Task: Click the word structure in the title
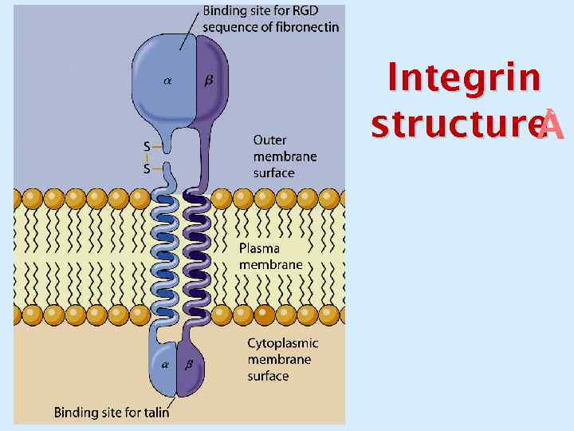[455, 125]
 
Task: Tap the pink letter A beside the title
[552, 127]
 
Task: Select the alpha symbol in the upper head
[167, 80]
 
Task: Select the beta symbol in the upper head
[209, 80]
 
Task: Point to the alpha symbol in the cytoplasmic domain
[166, 365]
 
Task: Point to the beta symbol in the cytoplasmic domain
[189, 365]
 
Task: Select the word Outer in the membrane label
[270, 140]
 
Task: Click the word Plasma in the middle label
[260, 247]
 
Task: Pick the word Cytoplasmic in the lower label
[282, 343]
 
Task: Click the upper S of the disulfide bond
[147, 146]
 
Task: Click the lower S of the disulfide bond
[147, 169]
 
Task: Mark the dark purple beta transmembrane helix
[196, 255]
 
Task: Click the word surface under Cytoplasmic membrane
[268, 375]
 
